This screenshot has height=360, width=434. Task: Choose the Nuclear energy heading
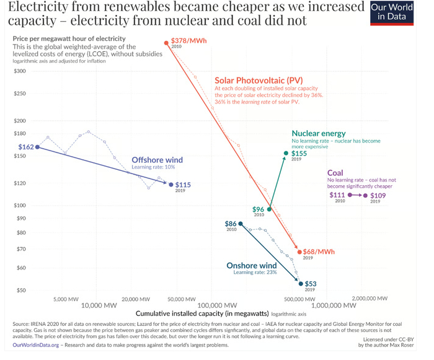click(319, 134)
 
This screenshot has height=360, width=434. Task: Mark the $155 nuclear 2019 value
click(299, 153)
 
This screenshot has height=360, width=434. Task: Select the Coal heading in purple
click(335, 173)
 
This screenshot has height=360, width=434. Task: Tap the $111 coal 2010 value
click(339, 195)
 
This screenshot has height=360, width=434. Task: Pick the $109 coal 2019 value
click(378, 196)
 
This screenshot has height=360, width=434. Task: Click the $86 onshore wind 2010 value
click(230, 224)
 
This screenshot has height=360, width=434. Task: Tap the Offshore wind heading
click(157, 160)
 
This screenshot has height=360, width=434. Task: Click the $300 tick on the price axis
click(20, 71)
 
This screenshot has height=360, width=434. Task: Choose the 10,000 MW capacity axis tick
click(99, 305)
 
